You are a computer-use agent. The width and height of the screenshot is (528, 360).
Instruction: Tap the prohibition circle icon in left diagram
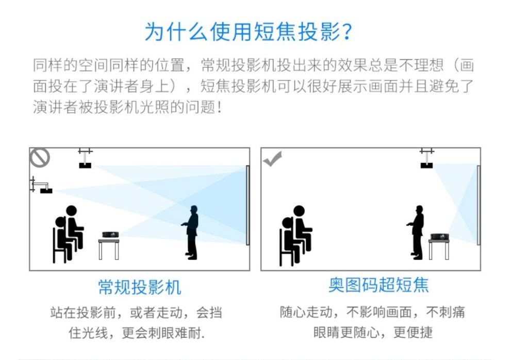tap(40, 157)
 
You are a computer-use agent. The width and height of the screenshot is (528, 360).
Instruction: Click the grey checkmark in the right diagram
tap(272, 158)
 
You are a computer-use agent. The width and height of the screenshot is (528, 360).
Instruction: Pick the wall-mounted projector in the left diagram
tap(45, 190)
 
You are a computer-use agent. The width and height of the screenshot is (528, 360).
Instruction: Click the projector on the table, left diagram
tap(109, 235)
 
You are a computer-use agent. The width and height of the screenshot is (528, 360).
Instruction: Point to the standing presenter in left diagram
tap(192, 232)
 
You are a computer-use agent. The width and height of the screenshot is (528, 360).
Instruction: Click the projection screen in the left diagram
tap(247, 205)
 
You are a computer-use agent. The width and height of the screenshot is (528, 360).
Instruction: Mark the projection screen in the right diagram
tap(478, 205)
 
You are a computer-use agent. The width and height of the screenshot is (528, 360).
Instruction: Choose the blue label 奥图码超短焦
tap(378, 285)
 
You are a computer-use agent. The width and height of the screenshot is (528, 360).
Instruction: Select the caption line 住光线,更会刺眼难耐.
tap(137, 333)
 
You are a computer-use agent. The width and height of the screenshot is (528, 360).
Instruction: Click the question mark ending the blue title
tap(347, 32)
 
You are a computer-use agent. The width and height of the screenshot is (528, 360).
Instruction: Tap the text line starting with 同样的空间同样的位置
tap(253, 66)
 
